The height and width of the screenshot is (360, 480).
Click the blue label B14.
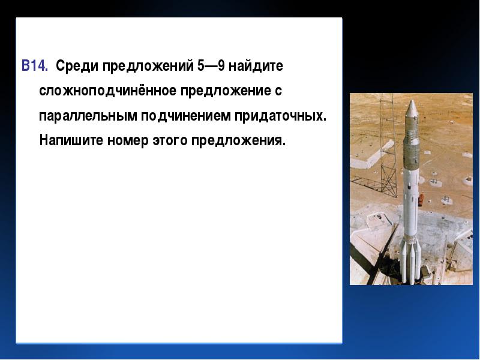click(35, 65)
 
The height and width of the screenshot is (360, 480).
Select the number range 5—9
click(211, 65)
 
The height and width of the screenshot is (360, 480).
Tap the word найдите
click(256, 66)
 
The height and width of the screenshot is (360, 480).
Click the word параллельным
click(88, 116)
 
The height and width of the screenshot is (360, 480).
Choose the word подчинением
click(186, 116)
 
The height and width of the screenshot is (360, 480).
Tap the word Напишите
click(71, 140)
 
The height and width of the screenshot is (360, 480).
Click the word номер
click(128, 142)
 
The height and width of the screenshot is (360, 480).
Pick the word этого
click(170, 141)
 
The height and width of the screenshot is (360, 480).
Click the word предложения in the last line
click(238, 142)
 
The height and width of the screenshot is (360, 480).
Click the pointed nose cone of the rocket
click(412, 108)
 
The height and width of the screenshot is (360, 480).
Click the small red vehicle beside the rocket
click(421, 199)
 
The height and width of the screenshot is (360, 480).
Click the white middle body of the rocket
click(411, 202)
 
